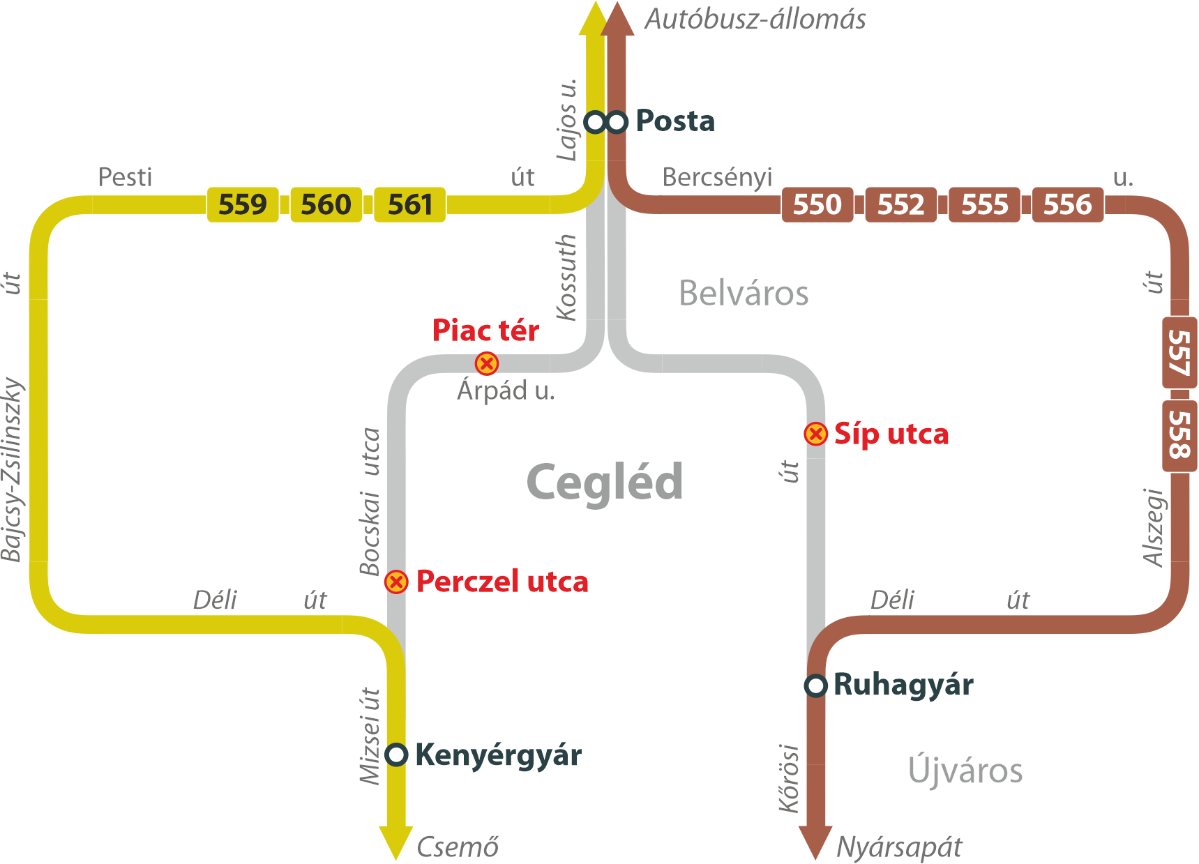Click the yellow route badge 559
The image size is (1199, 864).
click(x=243, y=204)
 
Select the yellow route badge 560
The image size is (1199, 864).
click(x=326, y=204)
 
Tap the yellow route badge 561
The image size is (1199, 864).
click(x=409, y=204)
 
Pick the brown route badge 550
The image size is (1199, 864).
click(x=817, y=204)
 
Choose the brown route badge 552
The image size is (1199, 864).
click(x=901, y=204)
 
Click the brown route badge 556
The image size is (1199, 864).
click(x=1068, y=204)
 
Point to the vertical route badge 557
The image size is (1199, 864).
click(x=1179, y=352)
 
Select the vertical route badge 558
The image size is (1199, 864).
click(x=1179, y=435)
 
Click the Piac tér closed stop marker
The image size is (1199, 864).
click(x=487, y=363)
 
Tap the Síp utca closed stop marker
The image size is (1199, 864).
click(x=815, y=434)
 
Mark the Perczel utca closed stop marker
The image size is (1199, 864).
click(x=396, y=582)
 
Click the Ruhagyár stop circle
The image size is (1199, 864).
click(x=815, y=685)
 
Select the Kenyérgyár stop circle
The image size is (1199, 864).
click(x=396, y=754)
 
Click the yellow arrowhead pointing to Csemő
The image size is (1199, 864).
click(x=395, y=842)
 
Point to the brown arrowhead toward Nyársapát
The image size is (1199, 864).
click(x=815, y=842)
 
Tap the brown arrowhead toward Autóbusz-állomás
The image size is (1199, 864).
click(x=617, y=19)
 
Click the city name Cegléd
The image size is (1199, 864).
click(x=605, y=483)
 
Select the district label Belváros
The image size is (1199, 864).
click(x=744, y=293)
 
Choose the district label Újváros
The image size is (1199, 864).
click(x=965, y=771)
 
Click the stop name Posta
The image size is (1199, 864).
click(x=675, y=121)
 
